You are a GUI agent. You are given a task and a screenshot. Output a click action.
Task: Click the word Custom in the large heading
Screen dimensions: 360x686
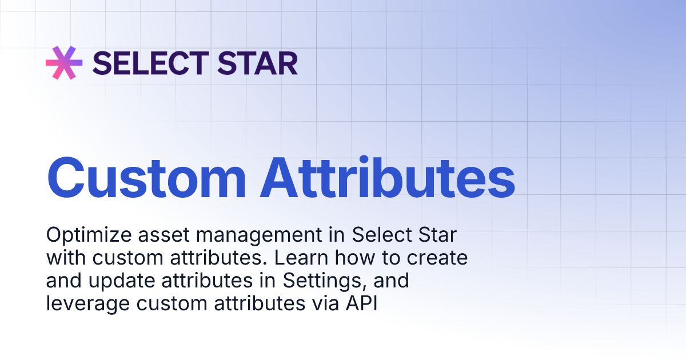click(146, 175)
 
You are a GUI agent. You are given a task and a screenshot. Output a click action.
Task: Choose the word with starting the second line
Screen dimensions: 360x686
click(63, 258)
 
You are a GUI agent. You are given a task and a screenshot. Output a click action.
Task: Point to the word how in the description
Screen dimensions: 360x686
click(353, 258)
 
